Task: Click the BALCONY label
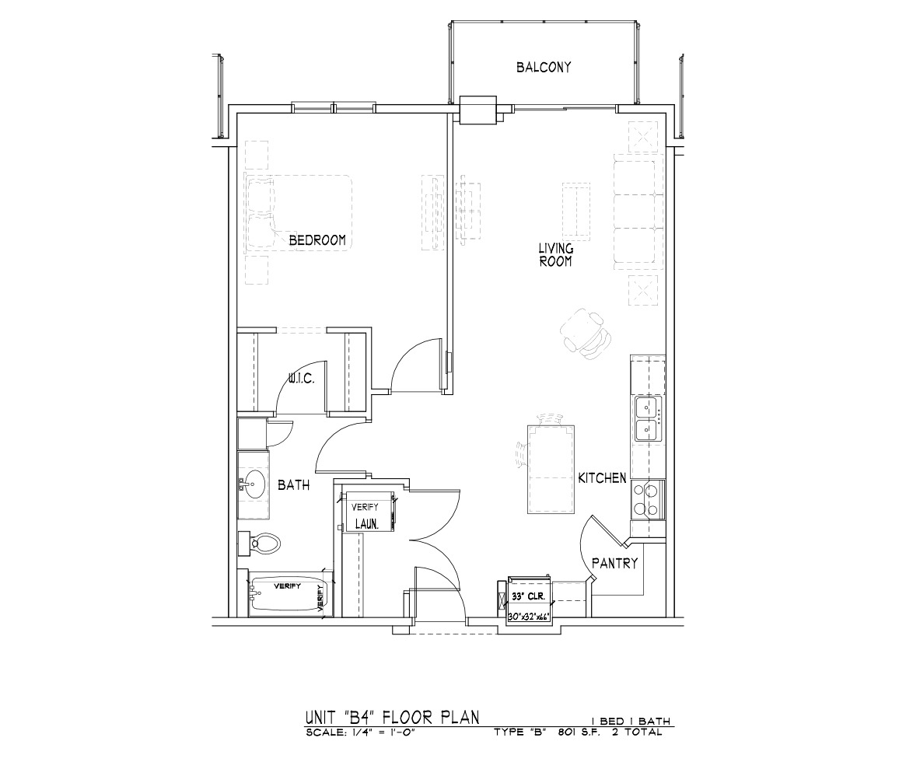coord(544,67)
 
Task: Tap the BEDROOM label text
coord(317,239)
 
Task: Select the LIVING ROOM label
coord(555,256)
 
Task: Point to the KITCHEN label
coord(602,478)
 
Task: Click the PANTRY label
coord(615,564)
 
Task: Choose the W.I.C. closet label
coord(302,379)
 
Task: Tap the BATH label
coord(293,485)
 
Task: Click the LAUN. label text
coord(367,525)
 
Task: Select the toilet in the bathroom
coord(260,544)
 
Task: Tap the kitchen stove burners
coord(645,500)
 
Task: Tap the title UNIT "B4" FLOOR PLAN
coord(393,717)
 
